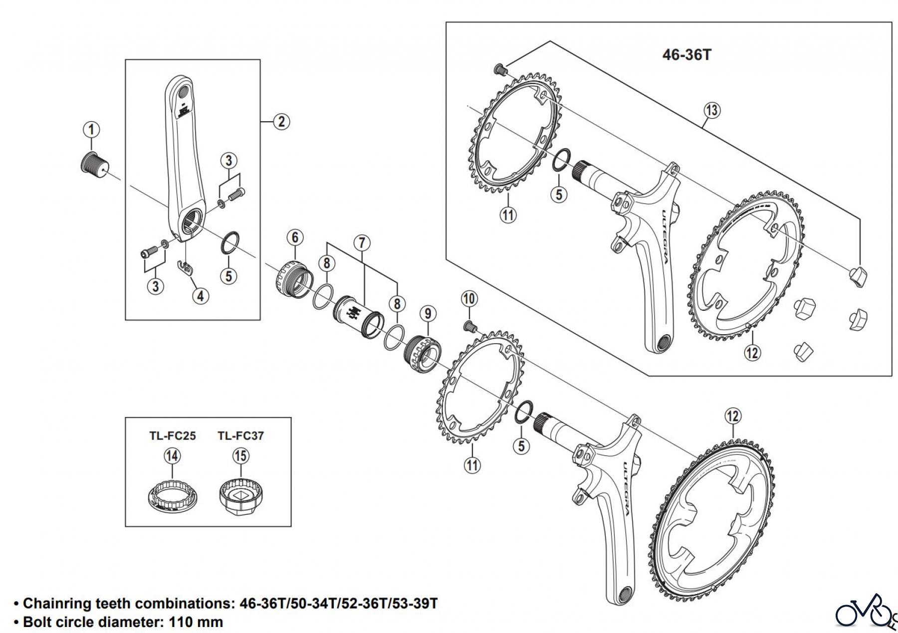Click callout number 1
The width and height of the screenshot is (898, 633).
point(91,130)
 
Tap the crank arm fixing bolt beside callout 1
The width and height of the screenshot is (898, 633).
point(94,164)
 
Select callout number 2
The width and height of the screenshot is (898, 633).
point(281,121)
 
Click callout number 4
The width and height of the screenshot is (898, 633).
point(200,296)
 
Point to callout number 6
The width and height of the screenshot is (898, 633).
point(295,237)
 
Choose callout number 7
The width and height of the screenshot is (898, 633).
point(362,243)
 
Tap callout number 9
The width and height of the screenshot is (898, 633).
point(428,314)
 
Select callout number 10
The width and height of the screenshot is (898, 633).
point(469,299)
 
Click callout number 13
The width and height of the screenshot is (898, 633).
point(711,110)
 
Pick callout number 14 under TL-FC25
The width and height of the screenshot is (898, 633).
point(172,456)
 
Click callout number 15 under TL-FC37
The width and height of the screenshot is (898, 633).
point(240,456)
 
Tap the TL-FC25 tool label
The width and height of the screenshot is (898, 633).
point(173,436)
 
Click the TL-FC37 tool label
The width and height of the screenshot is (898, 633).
point(240,436)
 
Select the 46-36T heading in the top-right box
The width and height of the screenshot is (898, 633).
point(686,55)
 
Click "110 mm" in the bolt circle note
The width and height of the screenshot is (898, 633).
point(196,622)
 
